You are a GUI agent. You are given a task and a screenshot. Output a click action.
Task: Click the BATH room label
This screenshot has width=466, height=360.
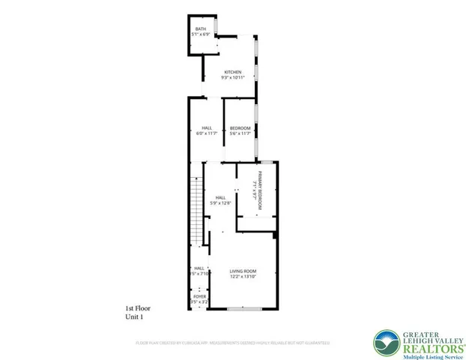[x=200, y=29]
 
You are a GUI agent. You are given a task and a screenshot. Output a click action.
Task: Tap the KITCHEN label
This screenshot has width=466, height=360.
[x=232, y=72]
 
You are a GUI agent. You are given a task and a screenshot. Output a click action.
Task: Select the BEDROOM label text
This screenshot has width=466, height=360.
[x=239, y=127]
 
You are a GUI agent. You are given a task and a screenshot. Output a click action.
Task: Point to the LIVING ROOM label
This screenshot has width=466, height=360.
[x=243, y=271]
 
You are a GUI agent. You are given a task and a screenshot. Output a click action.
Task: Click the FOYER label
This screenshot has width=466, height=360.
[x=199, y=297]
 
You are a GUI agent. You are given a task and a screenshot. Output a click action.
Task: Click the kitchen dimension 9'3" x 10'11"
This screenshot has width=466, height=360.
[x=232, y=78]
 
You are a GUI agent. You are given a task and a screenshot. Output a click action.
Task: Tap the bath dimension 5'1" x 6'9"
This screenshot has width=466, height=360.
[x=201, y=34]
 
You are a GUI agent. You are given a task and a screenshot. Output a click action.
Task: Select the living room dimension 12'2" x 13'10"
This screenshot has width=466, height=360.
[x=243, y=277]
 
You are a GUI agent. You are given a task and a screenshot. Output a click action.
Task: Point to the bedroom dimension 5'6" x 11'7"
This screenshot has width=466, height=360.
[x=239, y=133]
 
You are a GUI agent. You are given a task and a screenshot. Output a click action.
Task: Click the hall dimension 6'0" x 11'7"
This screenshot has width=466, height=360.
[x=207, y=133]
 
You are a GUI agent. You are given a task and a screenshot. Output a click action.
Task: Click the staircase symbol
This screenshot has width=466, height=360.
[x=197, y=209]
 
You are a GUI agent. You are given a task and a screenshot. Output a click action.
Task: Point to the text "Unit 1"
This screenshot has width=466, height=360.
[x=133, y=317]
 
